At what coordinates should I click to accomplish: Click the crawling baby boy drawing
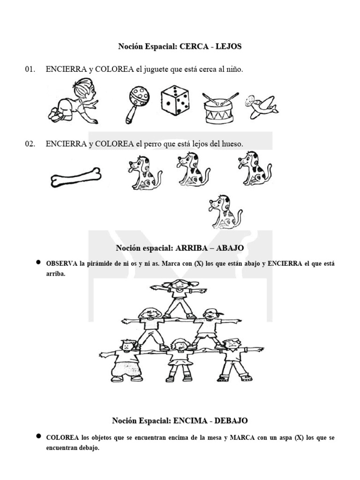[73, 102]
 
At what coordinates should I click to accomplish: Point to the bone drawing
[75, 177]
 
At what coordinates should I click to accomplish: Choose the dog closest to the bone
[143, 173]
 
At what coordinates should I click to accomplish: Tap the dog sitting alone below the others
[224, 211]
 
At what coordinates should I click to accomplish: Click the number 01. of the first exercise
[30, 69]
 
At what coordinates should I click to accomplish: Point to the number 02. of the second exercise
[30, 144]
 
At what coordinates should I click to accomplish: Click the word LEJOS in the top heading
[229, 47]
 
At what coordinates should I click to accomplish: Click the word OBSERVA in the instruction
[61, 264]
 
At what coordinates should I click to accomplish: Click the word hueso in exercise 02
[232, 144]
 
